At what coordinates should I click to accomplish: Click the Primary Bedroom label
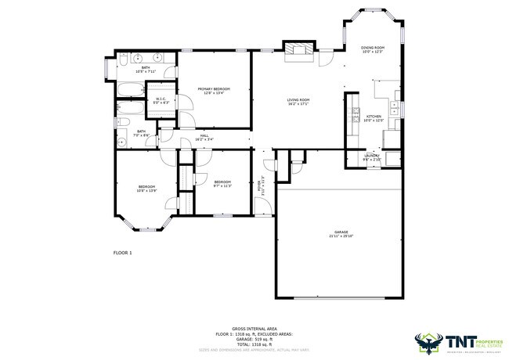(214, 91)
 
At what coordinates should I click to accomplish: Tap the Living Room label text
(298, 102)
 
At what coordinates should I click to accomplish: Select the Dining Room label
(372, 49)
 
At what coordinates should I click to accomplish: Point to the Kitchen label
(373, 118)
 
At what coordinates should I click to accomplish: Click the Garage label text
(341, 234)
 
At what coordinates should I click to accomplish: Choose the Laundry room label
(372, 157)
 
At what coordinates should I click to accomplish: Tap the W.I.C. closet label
(161, 100)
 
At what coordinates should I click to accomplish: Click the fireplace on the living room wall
(298, 51)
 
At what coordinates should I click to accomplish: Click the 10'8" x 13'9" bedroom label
(146, 188)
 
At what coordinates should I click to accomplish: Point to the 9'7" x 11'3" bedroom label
(222, 184)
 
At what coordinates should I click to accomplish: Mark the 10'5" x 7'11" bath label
(146, 70)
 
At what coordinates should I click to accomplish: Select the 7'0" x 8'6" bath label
(142, 133)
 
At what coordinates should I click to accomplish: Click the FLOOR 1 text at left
(123, 253)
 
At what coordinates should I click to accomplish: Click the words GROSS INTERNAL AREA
(254, 329)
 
